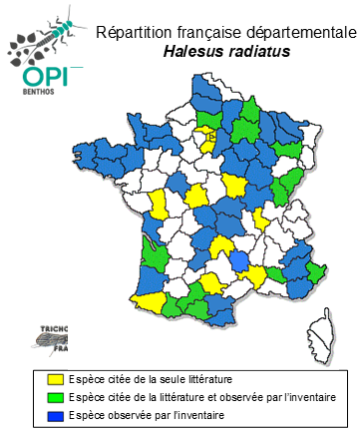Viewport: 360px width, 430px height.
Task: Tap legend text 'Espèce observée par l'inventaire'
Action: pos(146,414)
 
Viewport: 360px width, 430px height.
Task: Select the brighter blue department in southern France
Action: pos(238,261)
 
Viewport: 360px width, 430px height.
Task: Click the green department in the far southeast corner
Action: pos(318,272)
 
